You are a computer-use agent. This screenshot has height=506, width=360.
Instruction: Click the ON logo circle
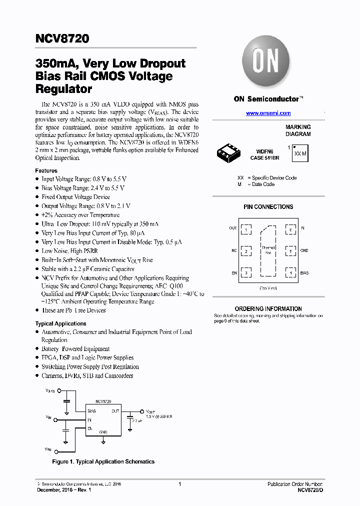[x=265, y=62]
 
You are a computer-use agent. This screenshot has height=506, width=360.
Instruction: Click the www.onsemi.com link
[x=268, y=113]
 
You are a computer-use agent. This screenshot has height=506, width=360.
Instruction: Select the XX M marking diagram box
[x=300, y=153]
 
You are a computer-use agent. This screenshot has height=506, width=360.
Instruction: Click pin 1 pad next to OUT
[x=246, y=229]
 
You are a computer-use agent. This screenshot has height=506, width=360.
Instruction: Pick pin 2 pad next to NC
[x=246, y=251]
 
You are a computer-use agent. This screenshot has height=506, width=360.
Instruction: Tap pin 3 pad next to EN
[x=246, y=273]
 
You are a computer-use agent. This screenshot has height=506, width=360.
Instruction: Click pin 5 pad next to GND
[x=290, y=251]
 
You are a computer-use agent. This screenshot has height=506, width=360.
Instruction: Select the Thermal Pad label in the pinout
[x=268, y=250]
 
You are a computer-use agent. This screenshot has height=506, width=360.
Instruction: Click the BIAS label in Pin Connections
[x=304, y=273]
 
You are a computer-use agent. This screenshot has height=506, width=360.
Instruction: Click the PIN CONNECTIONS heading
[x=268, y=206]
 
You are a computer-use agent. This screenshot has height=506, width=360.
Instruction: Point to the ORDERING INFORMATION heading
[x=268, y=309]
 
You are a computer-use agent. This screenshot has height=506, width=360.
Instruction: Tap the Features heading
[x=46, y=170]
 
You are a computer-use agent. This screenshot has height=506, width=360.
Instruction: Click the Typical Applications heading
[x=61, y=323]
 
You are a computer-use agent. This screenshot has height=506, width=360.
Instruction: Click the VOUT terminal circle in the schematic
[x=141, y=411]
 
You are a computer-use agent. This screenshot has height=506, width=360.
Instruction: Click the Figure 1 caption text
[x=103, y=461]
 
